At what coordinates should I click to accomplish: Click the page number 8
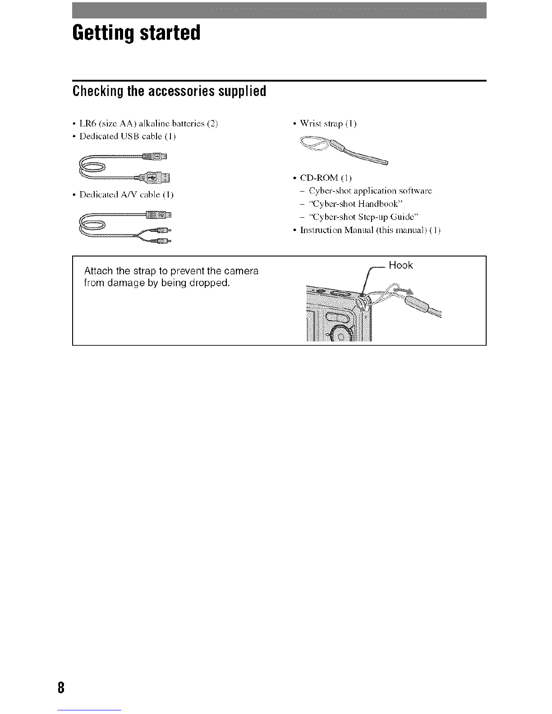[x=61, y=688]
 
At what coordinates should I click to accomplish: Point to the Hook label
[x=400, y=265]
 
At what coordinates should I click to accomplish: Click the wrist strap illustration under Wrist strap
[x=344, y=150]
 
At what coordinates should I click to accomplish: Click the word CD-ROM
[x=319, y=178]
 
